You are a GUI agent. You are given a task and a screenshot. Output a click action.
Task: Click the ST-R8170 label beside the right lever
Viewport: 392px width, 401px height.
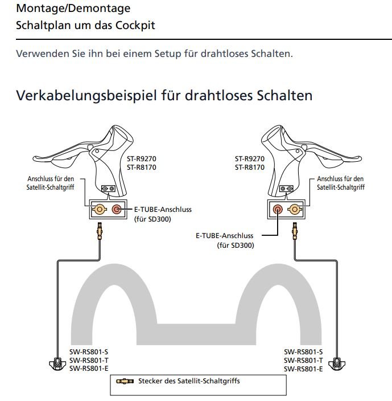[250, 167]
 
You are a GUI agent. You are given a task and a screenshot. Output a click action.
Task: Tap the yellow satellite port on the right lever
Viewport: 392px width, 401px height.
[295, 210]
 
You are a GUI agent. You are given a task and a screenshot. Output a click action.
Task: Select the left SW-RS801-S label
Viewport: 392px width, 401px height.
[88, 352]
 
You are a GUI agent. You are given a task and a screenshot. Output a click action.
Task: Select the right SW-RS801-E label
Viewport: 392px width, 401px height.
[303, 369]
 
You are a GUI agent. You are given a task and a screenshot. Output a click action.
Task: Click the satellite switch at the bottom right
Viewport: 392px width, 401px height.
[338, 362]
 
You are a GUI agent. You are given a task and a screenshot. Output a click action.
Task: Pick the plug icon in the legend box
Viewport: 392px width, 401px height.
[125, 380]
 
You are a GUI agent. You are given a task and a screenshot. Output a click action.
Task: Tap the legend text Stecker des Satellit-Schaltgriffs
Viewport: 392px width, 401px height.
[189, 380]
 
